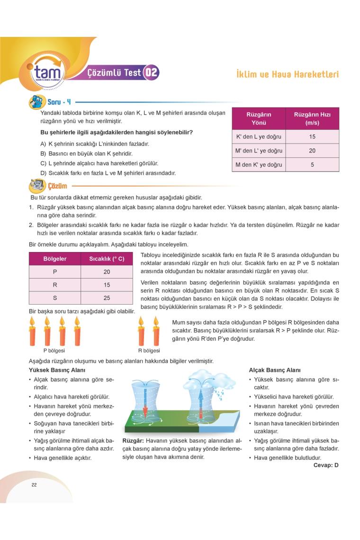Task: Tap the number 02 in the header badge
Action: tap(151, 72)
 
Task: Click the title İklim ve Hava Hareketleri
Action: tap(287, 74)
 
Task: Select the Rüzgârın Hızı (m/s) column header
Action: tap(312, 118)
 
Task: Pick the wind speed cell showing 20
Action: tap(312, 151)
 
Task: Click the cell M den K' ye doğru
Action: tap(259, 165)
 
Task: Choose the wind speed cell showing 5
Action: tap(312, 165)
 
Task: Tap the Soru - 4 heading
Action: tap(59, 102)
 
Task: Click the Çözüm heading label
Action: tap(57, 186)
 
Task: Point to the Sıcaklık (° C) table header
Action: tap(107, 259)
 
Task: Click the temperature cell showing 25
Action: tap(107, 298)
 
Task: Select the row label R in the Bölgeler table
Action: tap(55, 285)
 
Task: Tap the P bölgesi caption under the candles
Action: tap(54, 351)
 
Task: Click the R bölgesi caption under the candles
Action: tap(149, 351)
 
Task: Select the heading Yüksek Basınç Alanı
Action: tap(57, 370)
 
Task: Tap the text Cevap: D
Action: tap(326, 465)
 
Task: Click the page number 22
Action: tap(34, 485)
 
